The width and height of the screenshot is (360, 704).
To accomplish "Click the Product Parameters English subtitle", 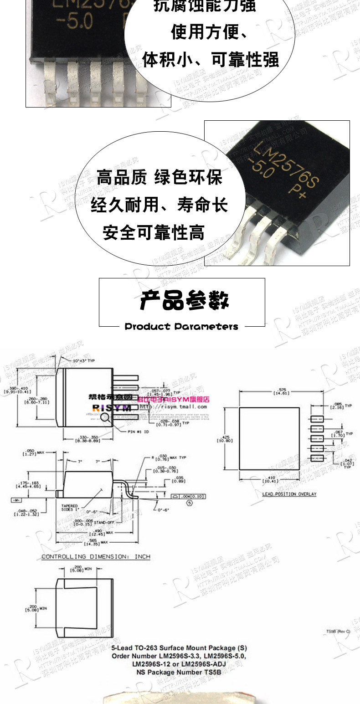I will pyautogui.click(x=181, y=327).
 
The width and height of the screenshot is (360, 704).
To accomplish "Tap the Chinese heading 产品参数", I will pyautogui.click(x=184, y=301).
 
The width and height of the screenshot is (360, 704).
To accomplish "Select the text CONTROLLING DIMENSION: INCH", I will pyautogui.click(x=96, y=557).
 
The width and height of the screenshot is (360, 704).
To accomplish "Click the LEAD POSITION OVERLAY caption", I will pyautogui.click(x=289, y=494).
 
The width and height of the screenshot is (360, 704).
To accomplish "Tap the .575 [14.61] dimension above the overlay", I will pyautogui.click(x=277, y=392).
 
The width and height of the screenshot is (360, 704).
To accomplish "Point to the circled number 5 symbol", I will pyautogui.click(x=190, y=503).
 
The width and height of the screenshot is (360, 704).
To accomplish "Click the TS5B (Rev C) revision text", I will pyautogui.click(x=338, y=632).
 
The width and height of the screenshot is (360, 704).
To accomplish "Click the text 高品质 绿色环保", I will pyautogui.click(x=159, y=177).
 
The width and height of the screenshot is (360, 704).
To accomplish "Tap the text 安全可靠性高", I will pyautogui.click(x=153, y=233).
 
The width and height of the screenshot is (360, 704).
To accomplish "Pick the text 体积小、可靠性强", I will pyautogui.click(x=211, y=60).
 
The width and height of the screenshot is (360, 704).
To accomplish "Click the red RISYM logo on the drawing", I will pyautogui.click(x=112, y=407).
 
